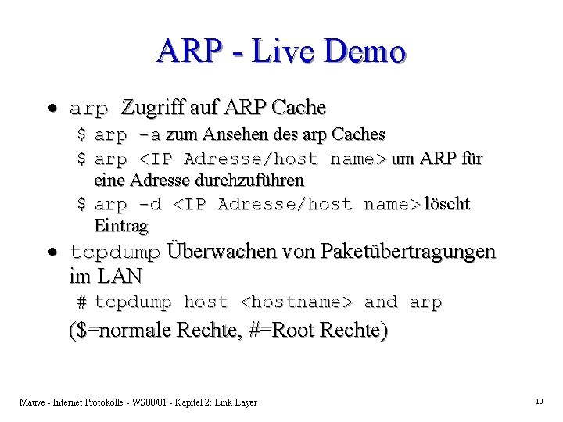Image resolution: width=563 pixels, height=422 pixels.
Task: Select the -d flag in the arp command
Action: click(x=151, y=204)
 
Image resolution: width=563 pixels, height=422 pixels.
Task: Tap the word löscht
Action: click(x=446, y=204)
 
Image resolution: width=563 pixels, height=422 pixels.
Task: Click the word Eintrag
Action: click(x=120, y=226)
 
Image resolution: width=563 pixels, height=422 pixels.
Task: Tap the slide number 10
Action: click(x=539, y=402)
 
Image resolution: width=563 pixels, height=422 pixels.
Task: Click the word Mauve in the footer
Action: click(x=34, y=402)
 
